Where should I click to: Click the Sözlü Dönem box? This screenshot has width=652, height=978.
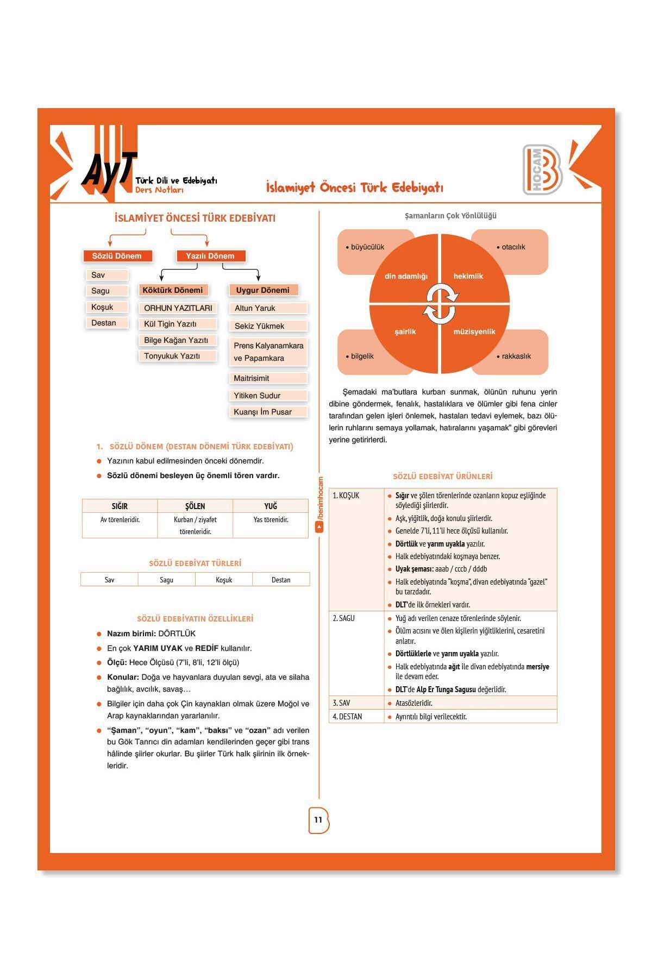[117, 256]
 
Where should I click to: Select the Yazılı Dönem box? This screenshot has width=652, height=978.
[210, 256]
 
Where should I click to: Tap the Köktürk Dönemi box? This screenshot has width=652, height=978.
[173, 290]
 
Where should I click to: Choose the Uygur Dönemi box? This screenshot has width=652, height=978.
[263, 290]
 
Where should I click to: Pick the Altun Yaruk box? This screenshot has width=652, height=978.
[268, 308]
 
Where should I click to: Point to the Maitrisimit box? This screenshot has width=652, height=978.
[268, 378]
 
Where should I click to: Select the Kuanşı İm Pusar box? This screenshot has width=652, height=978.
[268, 412]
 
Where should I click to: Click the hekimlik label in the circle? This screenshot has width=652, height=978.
[468, 276]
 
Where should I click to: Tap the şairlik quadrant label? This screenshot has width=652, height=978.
[405, 331]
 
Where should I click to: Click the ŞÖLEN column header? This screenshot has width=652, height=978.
[195, 506]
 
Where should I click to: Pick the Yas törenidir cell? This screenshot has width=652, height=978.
[271, 520]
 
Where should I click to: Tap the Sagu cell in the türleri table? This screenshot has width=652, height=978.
[167, 580]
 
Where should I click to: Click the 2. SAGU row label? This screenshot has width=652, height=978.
[344, 618]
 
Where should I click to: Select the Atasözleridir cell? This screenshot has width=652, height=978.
[414, 703]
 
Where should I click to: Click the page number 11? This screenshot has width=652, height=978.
[318, 820]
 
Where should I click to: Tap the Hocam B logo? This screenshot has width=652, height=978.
[543, 170]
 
